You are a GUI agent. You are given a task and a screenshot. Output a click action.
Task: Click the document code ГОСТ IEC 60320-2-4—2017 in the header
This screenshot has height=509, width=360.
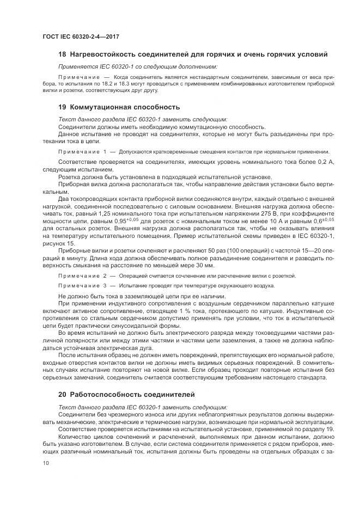tap(80, 36)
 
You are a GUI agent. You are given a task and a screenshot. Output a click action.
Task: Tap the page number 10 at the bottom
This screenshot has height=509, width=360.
tap(45, 463)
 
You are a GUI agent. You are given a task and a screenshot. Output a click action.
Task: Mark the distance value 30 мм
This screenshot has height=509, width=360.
tap(206, 265)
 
